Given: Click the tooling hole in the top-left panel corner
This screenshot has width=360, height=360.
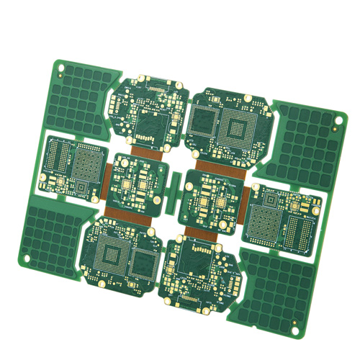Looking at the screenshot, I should click(x=60, y=70).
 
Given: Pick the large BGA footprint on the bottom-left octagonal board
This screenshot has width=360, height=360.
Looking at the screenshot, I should click(x=113, y=254).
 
